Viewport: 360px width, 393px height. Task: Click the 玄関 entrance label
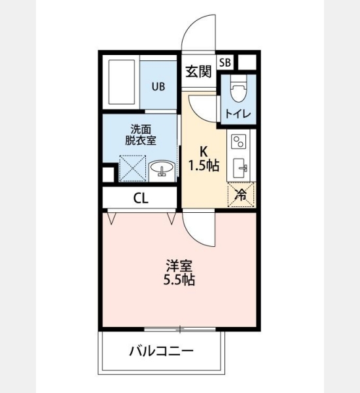click(199, 72)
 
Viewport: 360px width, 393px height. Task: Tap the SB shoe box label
click(225, 62)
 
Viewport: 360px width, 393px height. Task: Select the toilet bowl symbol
click(238, 88)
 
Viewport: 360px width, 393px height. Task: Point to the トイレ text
click(238, 114)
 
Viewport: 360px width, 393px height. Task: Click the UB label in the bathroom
click(158, 86)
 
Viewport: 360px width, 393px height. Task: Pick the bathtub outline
click(122, 83)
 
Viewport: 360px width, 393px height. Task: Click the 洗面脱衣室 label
click(141, 135)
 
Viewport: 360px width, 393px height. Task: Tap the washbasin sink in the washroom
click(162, 168)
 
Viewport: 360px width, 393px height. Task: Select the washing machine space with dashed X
click(132, 168)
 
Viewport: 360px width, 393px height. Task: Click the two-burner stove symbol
click(238, 141)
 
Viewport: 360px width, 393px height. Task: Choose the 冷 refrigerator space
click(241, 195)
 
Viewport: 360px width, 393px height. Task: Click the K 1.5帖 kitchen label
click(204, 159)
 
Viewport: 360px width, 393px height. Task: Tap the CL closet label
click(141, 198)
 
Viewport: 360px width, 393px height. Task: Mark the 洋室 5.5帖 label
click(179, 272)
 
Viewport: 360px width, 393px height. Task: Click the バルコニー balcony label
click(161, 351)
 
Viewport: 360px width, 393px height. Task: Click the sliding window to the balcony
click(180, 329)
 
